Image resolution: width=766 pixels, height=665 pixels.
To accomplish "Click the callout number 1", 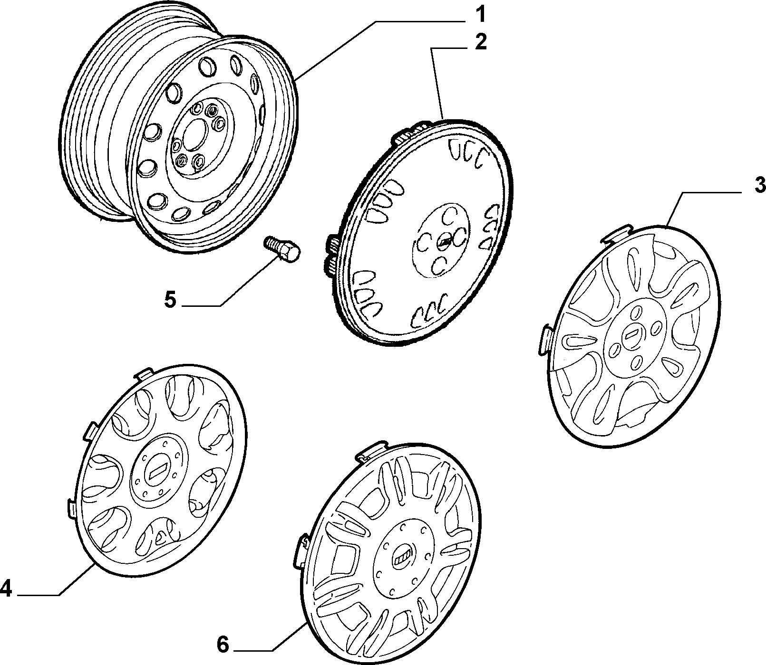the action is pyautogui.click(x=481, y=15).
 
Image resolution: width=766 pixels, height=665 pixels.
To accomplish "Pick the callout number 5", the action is pyautogui.click(x=170, y=300).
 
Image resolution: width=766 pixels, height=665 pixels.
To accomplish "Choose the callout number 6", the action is pyautogui.click(x=223, y=645).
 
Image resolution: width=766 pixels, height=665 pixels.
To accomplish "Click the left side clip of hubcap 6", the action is pyautogui.click(x=301, y=550).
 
